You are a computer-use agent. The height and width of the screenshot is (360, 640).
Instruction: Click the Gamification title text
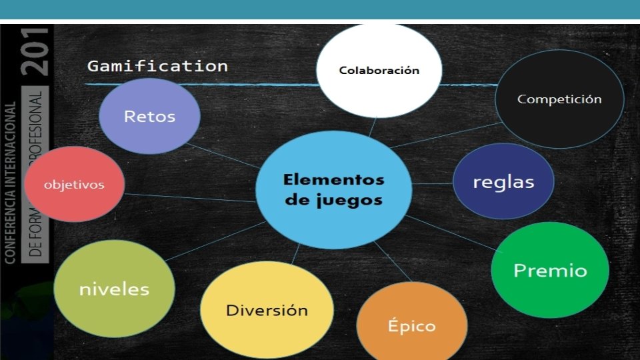157,66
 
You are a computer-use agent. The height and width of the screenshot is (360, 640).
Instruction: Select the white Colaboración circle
379,70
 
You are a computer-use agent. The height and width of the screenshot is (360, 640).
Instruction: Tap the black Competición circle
559,99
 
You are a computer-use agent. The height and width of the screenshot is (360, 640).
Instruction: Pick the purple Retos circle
149,116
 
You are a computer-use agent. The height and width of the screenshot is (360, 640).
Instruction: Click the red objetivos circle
74,185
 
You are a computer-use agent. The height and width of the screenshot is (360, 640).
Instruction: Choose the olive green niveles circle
114,289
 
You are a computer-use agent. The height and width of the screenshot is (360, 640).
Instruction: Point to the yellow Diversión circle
267,310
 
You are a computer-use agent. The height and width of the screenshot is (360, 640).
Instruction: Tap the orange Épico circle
411,326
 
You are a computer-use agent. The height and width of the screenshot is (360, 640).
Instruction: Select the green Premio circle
550,270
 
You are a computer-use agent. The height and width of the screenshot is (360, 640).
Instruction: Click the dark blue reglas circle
503,181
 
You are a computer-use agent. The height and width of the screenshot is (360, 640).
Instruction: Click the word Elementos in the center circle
333,179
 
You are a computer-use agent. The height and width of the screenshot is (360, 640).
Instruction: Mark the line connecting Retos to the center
223,155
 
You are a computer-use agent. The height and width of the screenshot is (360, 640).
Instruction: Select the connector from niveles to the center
213,242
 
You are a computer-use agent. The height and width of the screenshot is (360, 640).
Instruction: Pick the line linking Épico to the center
393,262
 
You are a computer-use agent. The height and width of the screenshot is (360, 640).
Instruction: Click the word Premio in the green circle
550,270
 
